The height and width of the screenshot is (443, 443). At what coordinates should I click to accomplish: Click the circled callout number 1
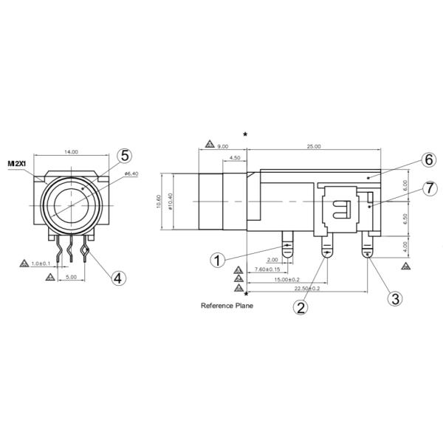217,260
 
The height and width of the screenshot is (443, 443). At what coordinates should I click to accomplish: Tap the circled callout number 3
395,298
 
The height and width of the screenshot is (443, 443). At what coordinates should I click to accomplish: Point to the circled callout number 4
117,278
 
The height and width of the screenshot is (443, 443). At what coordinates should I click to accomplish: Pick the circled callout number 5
125,156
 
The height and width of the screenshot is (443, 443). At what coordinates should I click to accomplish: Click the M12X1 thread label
18,162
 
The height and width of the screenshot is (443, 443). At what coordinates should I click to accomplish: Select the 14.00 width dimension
70,151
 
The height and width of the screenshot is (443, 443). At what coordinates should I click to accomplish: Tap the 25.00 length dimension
314,146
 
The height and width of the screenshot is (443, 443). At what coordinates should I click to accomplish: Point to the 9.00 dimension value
222,146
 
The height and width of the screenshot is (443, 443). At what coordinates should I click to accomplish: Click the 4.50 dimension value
236,158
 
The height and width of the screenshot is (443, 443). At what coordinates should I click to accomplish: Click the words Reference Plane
227,304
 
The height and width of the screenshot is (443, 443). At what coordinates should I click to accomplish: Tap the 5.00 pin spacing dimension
72,277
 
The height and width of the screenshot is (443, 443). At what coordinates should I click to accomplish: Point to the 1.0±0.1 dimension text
40,263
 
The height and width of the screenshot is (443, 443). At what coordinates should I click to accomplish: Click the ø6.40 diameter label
133,174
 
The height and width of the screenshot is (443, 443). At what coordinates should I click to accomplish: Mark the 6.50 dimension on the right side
404,219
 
